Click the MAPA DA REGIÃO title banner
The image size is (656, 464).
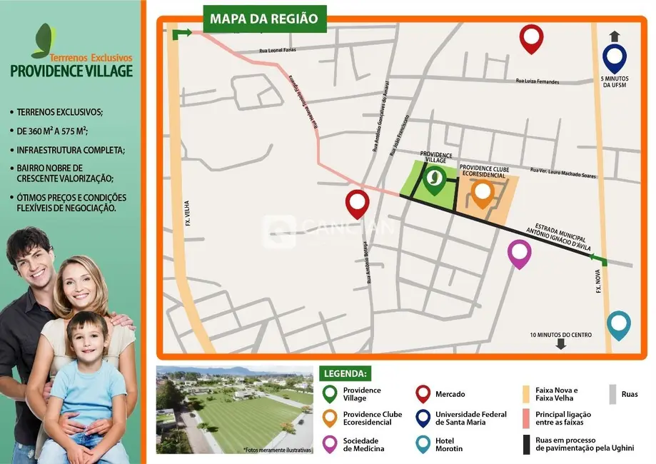click(264, 19)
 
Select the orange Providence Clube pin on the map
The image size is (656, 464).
click(483, 193)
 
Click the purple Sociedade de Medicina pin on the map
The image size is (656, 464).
click(520, 252)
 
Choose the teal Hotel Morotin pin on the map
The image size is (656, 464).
click(619, 323)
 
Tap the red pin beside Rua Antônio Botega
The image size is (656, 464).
click(357, 203)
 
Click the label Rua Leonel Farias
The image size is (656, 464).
click(276, 51)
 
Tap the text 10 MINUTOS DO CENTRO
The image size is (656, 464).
click(561, 335)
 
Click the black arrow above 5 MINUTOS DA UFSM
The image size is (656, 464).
click(614, 36)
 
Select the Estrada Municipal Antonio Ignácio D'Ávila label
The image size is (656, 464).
click(556, 233)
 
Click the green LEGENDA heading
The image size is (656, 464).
click(346, 373)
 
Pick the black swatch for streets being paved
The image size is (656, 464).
click(526, 445)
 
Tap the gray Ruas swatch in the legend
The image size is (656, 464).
click(612, 394)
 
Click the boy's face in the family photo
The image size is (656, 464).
click(88, 339)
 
